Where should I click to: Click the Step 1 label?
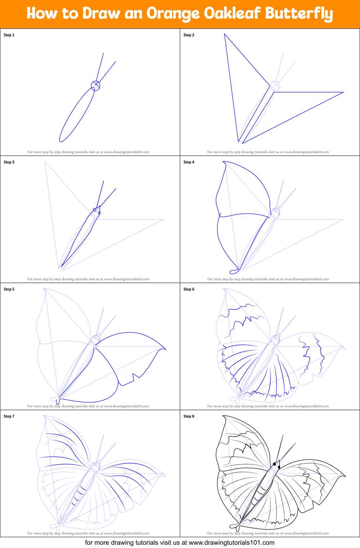pyautogui.click(x=9, y=35)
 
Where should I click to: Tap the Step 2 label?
pyautogui.click(x=189, y=35)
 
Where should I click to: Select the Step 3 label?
pyautogui.click(x=9, y=162)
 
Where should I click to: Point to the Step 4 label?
pyautogui.click(x=189, y=162)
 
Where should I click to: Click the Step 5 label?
pyautogui.click(x=9, y=289)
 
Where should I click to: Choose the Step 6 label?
pyautogui.click(x=189, y=289)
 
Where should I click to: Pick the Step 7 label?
pyautogui.click(x=9, y=416)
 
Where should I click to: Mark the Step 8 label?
pyautogui.click(x=189, y=416)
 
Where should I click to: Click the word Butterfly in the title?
pyautogui.click(x=299, y=14)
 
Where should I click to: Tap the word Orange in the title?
pyautogui.click(x=173, y=14)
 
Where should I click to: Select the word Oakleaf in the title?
pyautogui.click(x=232, y=14)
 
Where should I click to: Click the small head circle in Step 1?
pyautogui.click(x=95, y=85)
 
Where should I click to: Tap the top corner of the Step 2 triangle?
pyautogui.click(x=225, y=34)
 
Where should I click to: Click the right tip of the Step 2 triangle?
pyautogui.click(x=343, y=92)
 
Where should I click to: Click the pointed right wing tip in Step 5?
pyautogui.click(x=166, y=349)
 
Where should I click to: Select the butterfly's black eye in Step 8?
pyautogui.click(x=275, y=464)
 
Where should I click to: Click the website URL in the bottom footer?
pyautogui.click(x=231, y=543)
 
